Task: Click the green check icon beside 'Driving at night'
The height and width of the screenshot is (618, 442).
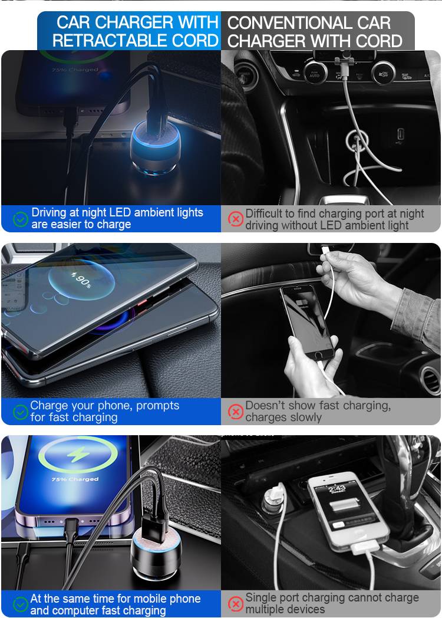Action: point(21,219)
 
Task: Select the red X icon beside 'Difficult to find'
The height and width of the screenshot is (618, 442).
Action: point(236,219)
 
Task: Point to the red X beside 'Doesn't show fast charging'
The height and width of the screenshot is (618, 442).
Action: point(236,412)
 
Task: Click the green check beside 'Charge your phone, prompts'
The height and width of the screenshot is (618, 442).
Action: point(21,412)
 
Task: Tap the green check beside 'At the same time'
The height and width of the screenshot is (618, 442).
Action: point(21,604)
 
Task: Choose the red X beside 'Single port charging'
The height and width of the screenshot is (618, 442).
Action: point(236,604)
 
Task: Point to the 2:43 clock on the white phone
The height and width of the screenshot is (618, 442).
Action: point(337,489)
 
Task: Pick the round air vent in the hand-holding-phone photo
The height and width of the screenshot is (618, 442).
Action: point(430,380)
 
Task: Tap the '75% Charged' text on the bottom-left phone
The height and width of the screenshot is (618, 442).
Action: point(75,479)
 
